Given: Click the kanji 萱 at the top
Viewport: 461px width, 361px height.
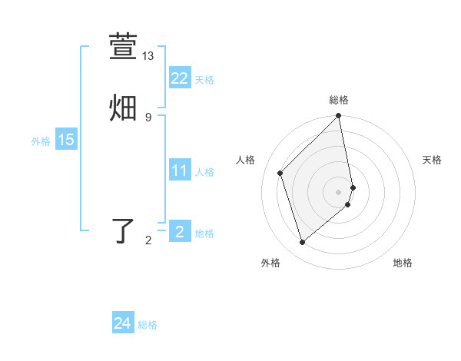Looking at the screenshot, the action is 124,47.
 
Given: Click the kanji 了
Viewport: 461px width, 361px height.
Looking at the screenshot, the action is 124,230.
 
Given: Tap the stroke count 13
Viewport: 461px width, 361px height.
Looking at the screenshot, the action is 148,56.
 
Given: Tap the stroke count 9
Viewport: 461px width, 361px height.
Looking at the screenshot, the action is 148,117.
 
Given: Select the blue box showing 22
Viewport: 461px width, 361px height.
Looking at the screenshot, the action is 179,78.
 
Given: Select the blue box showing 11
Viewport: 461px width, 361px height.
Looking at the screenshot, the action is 179,171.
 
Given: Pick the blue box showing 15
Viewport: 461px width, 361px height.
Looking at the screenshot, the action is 65,140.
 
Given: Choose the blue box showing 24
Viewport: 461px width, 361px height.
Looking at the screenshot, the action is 122,323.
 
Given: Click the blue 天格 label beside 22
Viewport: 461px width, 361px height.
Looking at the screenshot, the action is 204,80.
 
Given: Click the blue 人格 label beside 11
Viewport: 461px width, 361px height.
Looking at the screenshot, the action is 204,172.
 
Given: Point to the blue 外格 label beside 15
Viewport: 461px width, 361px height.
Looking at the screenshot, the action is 41,141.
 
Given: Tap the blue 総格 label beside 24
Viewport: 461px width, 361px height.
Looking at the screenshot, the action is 148,325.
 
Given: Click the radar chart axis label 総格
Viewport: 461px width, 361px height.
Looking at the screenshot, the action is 339,100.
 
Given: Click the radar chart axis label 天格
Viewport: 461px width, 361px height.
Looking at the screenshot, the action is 432,160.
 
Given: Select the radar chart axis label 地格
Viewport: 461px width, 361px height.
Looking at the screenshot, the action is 403,263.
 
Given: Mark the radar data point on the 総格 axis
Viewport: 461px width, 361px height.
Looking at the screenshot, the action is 339,117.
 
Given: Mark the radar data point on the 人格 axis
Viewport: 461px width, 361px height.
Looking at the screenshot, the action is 280,173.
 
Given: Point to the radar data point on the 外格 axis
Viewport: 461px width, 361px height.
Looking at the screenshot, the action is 302,243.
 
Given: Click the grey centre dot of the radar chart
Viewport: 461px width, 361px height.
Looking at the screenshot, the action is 339,191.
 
